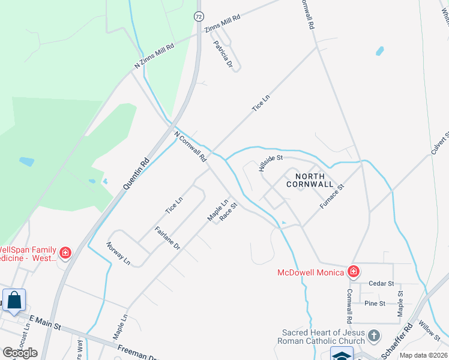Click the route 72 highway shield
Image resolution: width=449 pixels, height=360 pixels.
(198, 16)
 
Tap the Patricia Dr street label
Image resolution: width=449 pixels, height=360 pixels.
(222, 53)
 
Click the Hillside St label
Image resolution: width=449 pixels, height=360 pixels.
(271, 163)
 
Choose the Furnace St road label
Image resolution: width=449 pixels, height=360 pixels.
(331, 197)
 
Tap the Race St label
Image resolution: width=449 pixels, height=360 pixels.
(229, 212)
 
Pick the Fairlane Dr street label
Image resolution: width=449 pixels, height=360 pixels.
(167, 238)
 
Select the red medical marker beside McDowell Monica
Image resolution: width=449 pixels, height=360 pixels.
(354, 272)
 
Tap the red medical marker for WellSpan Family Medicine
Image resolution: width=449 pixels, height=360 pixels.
(65, 253)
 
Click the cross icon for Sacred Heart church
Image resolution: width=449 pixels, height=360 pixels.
(374, 335)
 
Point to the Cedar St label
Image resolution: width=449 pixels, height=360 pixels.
(381, 283)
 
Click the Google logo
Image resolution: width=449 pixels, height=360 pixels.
(20, 353)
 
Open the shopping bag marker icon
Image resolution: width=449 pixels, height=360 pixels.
(14, 299)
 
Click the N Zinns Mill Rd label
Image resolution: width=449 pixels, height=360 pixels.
(154, 56)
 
